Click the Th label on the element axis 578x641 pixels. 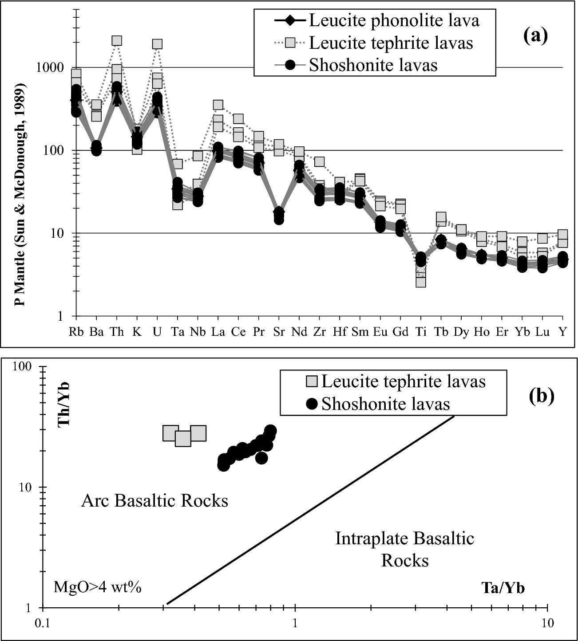point(116,332)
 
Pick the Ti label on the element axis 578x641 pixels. point(420,332)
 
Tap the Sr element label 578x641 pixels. point(278,332)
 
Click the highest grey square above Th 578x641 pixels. point(117,41)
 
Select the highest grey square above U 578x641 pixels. point(157,44)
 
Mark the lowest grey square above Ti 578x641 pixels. point(421,282)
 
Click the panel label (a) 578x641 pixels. point(535,36)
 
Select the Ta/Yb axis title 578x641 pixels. point(503,588)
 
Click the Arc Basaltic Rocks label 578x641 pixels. point(154,501)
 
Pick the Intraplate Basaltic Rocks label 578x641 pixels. point(404,550)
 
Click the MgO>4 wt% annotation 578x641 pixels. point(97,588)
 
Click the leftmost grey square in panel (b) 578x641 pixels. point(170,433)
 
